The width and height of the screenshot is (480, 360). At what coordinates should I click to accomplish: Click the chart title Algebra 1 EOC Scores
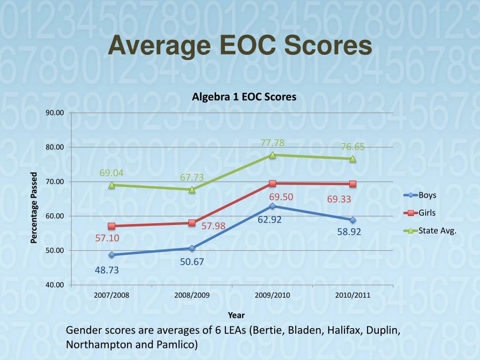tap(244, 97)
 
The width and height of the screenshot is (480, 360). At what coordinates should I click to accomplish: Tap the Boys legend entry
tap(427, 195)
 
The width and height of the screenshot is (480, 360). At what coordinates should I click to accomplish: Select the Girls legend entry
tap(427, 213)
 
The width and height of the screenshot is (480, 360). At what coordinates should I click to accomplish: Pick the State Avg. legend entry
tap(437, 231)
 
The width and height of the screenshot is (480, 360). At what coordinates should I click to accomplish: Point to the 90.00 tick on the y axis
tap(54, 113)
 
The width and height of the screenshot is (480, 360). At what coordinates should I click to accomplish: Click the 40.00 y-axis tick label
tap(54, 285)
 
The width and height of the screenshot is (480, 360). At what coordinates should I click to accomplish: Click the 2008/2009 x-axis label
tap(192, 295)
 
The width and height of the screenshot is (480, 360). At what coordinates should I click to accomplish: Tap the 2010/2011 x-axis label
tap(352, 295)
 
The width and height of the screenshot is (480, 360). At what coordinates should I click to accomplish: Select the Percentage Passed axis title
tap(34, 208)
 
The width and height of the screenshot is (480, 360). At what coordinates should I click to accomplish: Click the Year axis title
tap(236, 315)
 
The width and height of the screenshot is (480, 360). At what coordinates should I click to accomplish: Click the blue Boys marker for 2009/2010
tap(272, 206)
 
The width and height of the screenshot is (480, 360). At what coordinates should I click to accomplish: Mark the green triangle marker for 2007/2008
tap(112, 185)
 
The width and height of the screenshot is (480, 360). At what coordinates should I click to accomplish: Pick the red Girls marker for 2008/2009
tap(192, 223)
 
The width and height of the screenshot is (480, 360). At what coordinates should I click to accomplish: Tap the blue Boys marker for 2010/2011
tap(352, 220)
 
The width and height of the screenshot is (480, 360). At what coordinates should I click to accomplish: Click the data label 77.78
tap(272, 143)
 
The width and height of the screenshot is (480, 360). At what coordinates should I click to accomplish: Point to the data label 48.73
tap(107, 270)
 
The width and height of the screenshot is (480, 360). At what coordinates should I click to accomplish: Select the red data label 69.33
tap(339, 199)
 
